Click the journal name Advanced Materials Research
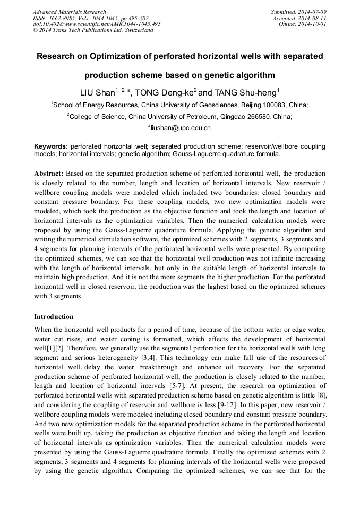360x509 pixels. click(69, 12)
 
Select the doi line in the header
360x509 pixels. click(97, 24)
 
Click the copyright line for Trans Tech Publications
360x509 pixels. click(93, 30)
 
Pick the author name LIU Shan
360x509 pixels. click(97, 93)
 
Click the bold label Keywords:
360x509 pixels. click(51, 146)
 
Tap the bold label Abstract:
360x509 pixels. click(49, 174)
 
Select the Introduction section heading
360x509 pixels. click(54, 317)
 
